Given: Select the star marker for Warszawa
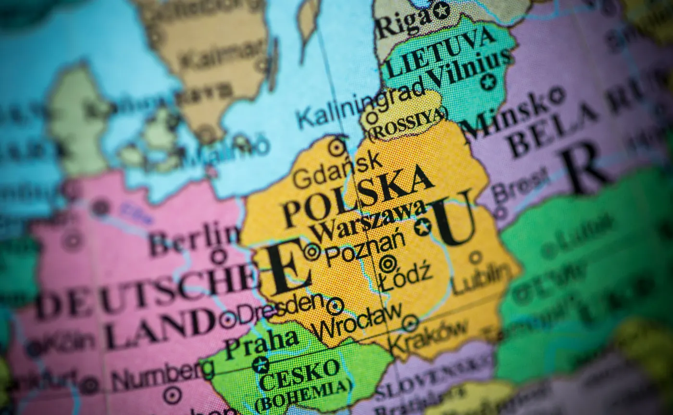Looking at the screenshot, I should pyautogui.click(x=423, y=226).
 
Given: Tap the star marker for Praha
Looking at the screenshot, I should pyautogui.click(x=261, y=365).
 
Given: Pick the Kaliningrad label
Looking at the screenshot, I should pyautogui.click(x=361, y=103).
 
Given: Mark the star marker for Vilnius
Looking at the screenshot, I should pyautogui.click(x=488, y=81).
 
